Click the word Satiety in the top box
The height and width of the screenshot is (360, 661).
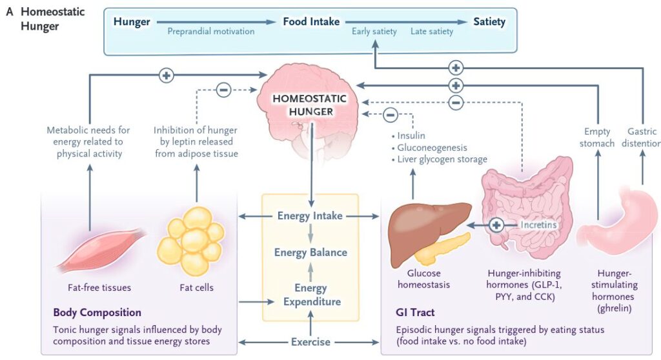tap(489, 22)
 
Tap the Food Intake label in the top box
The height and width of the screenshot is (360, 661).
tap(311, 22)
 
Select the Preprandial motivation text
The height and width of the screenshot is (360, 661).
tap(211, 31)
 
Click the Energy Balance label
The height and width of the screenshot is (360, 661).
tap(310, 252)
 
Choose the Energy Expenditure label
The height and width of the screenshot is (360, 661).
tap(310, 295)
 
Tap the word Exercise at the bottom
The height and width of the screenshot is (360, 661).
tap(310, 342)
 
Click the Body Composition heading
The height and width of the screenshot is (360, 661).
tap(97, 313)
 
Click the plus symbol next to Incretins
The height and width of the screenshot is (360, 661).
tap(496, 225)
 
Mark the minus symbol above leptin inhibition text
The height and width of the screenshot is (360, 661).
tap(223, 90)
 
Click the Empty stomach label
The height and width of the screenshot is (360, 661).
tap(598, 137)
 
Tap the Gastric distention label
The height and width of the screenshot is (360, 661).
tap(643, 137)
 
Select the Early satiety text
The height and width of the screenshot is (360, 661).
tap(374, 31)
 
